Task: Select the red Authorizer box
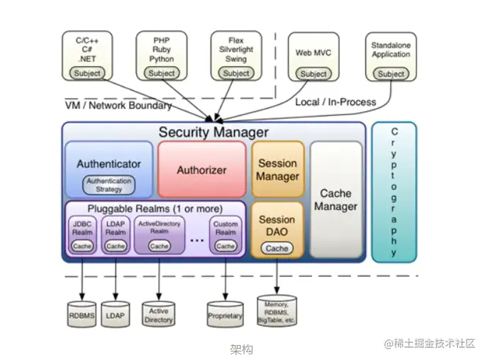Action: (201, 170)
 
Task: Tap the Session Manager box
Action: (277, 169)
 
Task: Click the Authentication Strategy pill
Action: (109, 185)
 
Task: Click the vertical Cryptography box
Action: (394, 192)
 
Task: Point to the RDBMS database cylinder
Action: (82, 313)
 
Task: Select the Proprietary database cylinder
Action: (225, 313)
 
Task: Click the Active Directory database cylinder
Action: (159, 313)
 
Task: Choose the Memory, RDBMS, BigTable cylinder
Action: (277, 310)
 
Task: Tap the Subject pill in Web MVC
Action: (314, 74)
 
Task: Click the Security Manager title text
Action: (213, 132)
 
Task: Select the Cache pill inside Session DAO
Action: (277, 248)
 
